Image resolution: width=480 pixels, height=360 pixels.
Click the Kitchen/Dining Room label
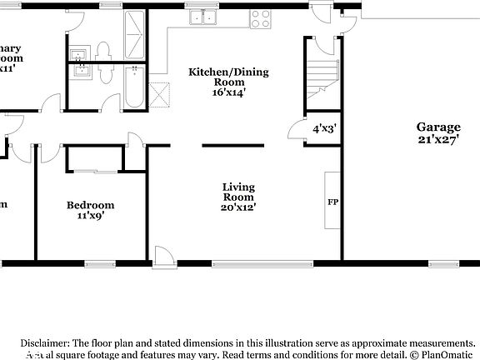point(228,72)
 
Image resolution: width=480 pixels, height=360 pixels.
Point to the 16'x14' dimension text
point(228,92)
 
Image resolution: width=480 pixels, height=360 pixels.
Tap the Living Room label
point(238,192)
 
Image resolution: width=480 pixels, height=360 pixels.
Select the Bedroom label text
point(91,205)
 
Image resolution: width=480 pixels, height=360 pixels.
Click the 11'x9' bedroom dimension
point(91,215)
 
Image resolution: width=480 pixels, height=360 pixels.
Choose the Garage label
point(438,127)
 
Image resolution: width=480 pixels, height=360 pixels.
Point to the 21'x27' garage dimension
point(438,139)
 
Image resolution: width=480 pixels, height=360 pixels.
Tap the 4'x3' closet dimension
point(323,129)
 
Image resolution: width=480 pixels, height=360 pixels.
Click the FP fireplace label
point(332,202)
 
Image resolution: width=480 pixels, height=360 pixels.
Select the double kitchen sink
point(199,16)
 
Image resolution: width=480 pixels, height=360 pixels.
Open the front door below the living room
point(164,256)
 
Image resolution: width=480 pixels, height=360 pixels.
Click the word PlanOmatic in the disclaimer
point(448,354)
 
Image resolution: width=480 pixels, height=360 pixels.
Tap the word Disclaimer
point(45,342)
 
